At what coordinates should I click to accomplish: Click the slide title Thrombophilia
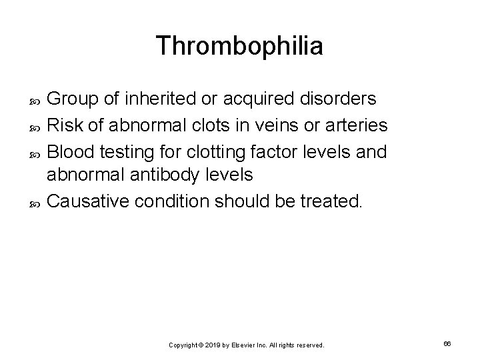[x=239, y=46]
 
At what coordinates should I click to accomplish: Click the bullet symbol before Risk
[x=37, y=126]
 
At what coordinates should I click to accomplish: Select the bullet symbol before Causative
[x=37, y=203]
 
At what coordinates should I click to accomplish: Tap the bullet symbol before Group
[x=37, y=100]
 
